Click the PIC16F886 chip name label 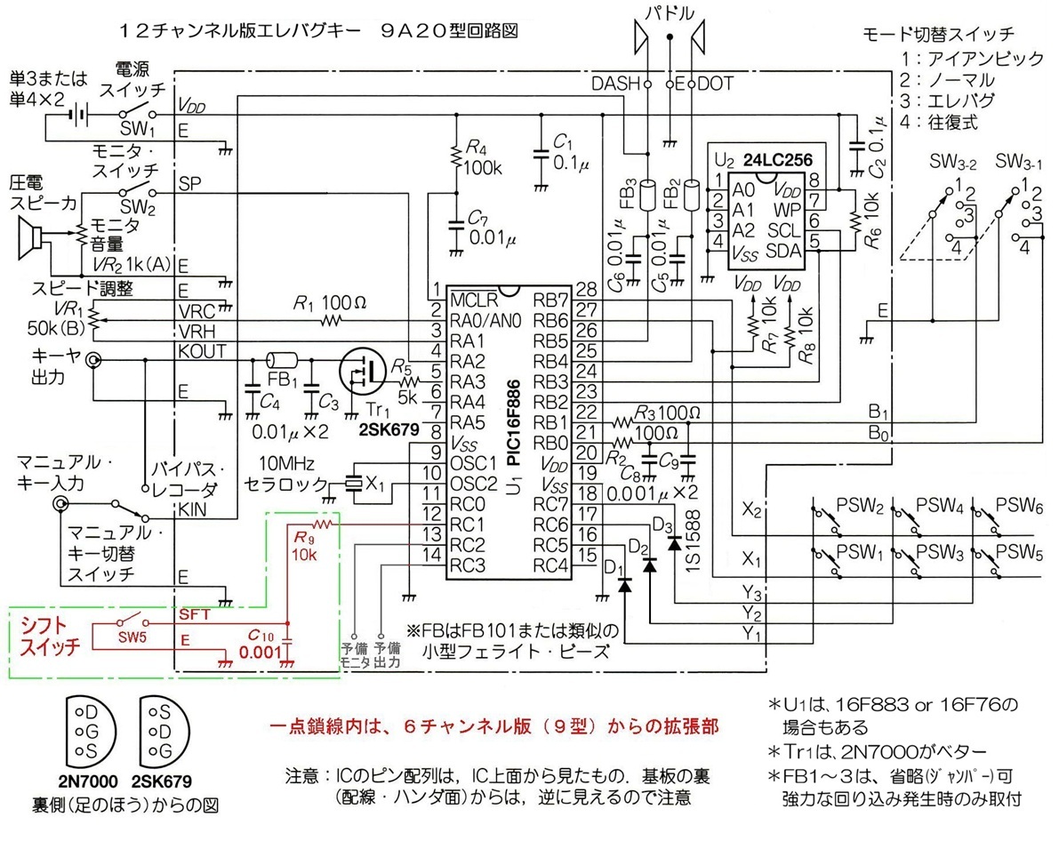point(514,423)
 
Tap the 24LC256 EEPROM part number point(778,159)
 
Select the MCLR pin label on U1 point(473,300)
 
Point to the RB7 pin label point(551,300)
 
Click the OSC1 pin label point(473,463)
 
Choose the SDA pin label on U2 point(783,251)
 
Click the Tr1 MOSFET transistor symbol point(363,371)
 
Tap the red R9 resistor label point(303,539)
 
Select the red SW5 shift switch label point(132,637)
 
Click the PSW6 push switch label point(1019,505)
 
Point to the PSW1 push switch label point(860,552)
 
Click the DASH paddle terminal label point(615,84)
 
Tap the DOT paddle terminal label point(715,84)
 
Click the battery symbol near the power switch point(78,115)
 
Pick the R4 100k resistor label point(484,157)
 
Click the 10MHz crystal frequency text point(286,463)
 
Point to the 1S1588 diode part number point(694,541)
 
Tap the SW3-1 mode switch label point(1018,162)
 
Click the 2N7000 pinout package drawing point(91,733)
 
